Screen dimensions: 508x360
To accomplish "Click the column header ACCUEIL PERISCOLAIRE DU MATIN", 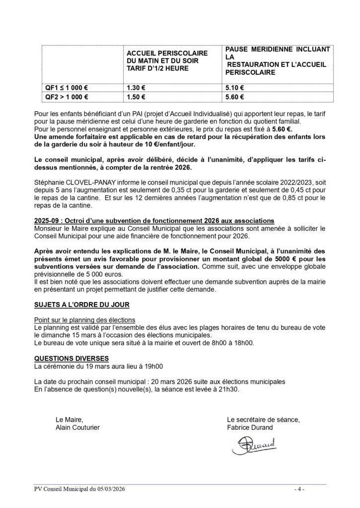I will [166, 60].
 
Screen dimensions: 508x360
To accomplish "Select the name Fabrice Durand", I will [250, 427].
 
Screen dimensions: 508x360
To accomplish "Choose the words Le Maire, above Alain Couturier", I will [66, 419].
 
